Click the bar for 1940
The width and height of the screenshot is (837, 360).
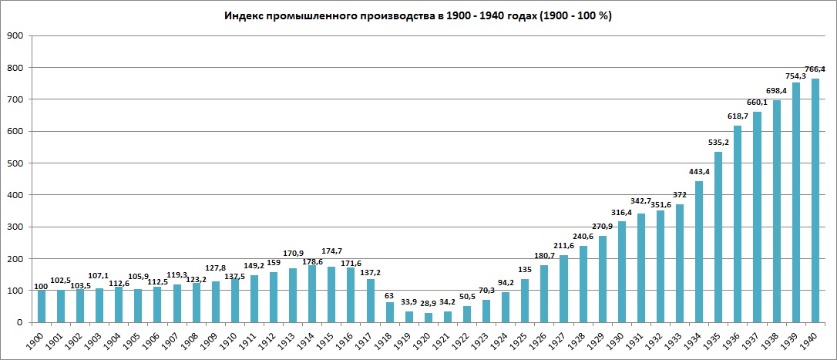point(815,200)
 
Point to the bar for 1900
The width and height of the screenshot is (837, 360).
point(42,306)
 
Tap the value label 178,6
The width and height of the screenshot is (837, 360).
point(312,262)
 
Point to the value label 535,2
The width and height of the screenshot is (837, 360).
point(718,143)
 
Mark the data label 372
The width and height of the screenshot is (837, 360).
point(680,195)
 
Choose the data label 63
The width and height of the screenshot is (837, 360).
point(389,294)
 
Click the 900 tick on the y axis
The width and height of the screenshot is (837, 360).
point(15,35)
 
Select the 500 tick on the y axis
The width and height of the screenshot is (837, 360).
point(15,163)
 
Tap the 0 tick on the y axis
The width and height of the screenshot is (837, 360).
point(20,322)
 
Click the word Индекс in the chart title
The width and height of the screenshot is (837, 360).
point(245,15)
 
